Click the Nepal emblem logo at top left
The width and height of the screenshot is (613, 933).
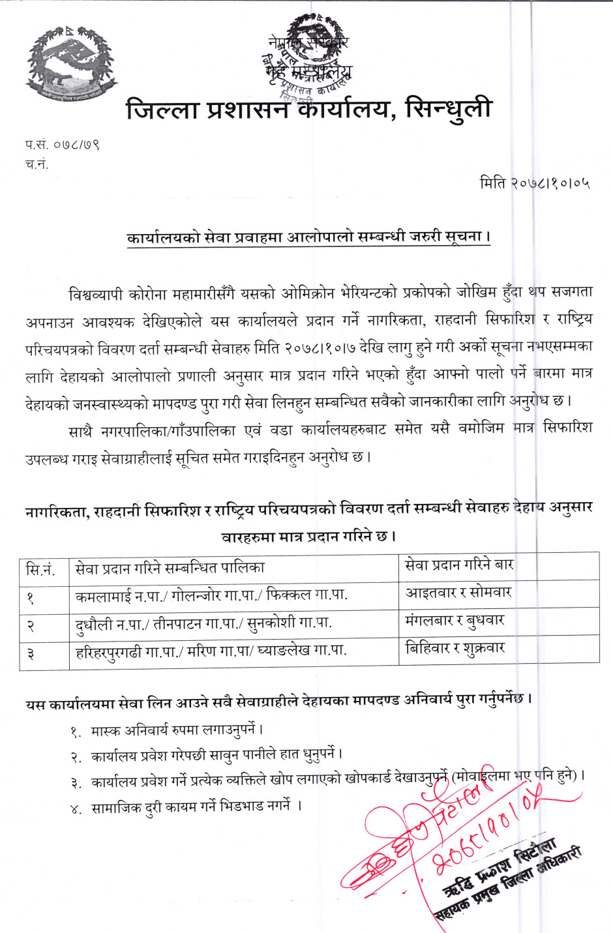coord(70,63)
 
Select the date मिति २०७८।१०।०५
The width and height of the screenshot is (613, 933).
coord(535,183)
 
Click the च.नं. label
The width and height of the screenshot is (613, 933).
coord(37,164)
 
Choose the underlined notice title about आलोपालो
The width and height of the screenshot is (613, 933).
coord(308,237)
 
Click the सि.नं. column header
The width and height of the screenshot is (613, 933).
coord(40,569)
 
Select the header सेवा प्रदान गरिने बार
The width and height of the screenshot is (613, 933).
coord(459,565)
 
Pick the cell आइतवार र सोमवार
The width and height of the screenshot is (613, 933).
coord(458,593)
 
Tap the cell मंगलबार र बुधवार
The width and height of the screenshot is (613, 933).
coord(455,621)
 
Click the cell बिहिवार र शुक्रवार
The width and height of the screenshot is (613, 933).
coord(455,649)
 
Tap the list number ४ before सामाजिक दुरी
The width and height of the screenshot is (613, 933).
coord(76,808)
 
